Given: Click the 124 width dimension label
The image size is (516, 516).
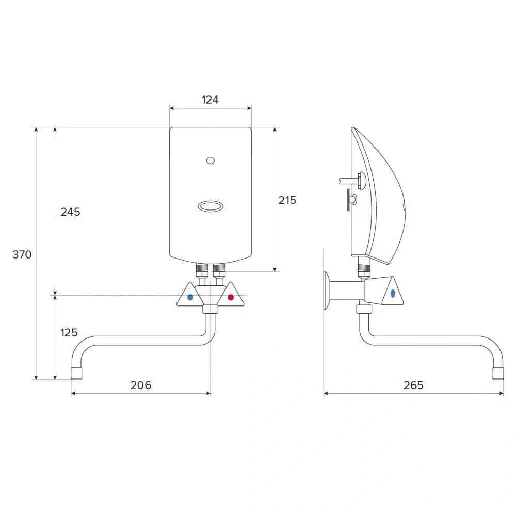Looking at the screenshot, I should tap(210, 100).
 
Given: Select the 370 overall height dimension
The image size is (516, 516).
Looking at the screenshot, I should tap(22, 254).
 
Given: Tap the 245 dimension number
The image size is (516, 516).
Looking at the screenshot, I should tap(70, 212).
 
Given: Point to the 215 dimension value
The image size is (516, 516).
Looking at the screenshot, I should tap(287, 200).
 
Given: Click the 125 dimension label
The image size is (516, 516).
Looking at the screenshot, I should tap(69, 333).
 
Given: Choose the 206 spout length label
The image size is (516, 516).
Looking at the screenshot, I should tap(141, 385).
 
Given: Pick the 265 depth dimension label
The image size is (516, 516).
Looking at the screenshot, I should tap(413, 385).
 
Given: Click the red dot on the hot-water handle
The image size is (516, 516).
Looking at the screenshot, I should tap(231, 297).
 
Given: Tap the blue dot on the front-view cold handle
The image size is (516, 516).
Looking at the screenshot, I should tap(190, 297).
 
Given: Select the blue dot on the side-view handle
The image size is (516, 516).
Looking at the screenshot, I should tap(393, 293).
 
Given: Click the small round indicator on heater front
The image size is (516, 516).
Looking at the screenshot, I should tap(210, 161).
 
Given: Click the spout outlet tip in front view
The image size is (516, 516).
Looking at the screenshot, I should tap(76, 373).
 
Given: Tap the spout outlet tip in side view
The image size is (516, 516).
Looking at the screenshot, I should tap(498, 373).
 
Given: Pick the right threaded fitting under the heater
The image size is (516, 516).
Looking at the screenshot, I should tap(219, 269).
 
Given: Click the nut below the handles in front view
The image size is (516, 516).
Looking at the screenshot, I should tap(210, 310).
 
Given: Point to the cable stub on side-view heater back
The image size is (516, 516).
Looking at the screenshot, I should tap(347, 181).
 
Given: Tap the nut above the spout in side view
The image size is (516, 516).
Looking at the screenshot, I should tap(364, 310).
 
